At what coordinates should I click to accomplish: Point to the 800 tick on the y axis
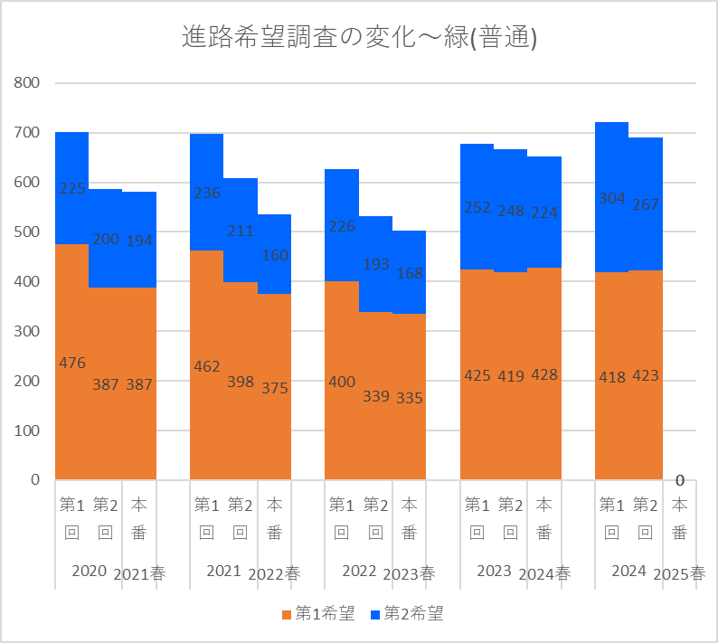[x=28, y=83]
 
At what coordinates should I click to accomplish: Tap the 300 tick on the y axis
[x=28, y=331]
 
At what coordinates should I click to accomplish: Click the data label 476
[x=72, y=363]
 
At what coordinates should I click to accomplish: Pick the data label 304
[x=612, y=200]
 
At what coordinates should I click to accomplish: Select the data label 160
[x=275, y=255]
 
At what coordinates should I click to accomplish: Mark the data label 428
[x=544, y=374]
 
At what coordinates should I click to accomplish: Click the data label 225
[x=72, y=188]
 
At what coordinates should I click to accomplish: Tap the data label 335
[x=410, y=398]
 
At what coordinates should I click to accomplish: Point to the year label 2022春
[x=274, y=573]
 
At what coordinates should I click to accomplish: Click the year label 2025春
[x=679, y=573]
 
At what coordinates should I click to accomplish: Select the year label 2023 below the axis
[x=494, y=571]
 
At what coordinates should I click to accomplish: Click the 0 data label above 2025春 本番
[x=679, y=479]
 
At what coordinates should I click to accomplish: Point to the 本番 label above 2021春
[x=138, y=518]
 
